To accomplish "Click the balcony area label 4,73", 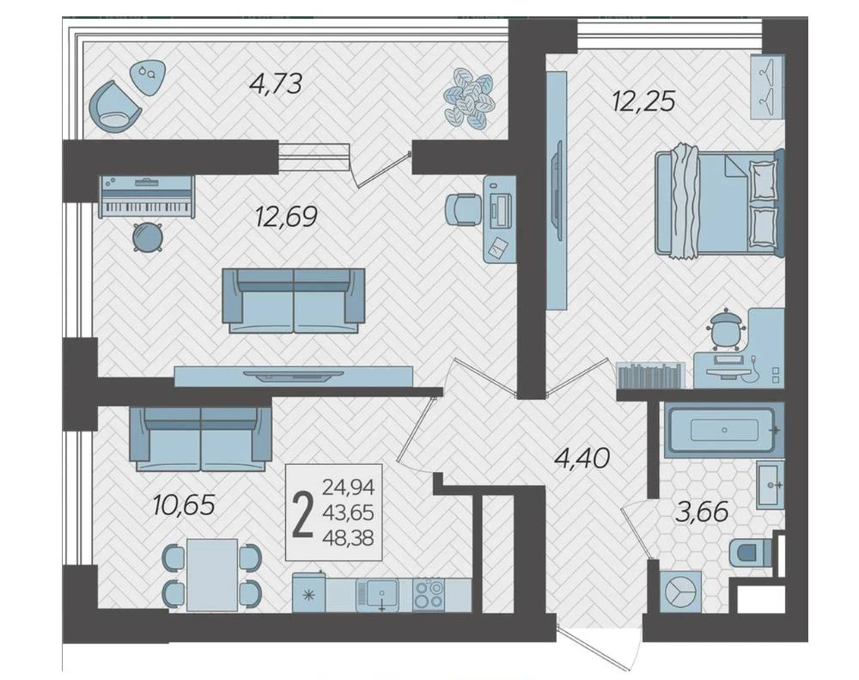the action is (x=276, y=84).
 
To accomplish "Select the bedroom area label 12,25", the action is (x=644, y=101).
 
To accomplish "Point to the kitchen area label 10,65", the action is (x=184, y=505).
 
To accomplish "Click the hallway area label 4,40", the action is (x=582, y=458).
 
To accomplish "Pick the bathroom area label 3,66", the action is (x=702, y=512).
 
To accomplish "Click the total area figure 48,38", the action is (x=348, y=538).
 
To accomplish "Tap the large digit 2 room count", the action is (x=303, y=514).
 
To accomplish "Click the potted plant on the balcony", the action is (x=468, y=98).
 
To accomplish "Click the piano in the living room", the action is (x=146, y=197).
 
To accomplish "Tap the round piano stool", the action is (x=148, y=237).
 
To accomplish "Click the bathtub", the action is (x=724, y=430).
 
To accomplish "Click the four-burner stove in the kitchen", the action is (x=429, y=594).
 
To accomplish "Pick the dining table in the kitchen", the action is (x=212, y=574).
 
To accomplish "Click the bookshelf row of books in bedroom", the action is (x=650, y=375).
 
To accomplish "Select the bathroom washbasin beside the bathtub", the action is (x=771, y=485).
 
